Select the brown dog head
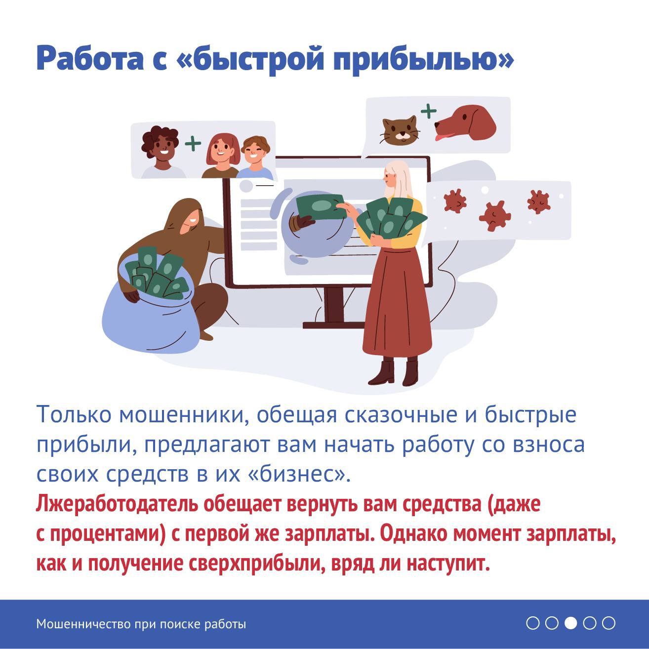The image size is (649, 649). coord(465,124)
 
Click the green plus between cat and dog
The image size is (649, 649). coord(428,111)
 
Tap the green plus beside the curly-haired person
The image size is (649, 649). coord(193,144)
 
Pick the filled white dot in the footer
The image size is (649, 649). coord(570,623)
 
